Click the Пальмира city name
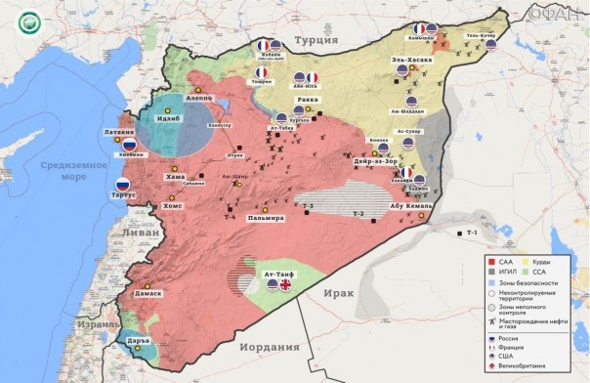coord(267,217)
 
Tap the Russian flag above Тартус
coord(122,185)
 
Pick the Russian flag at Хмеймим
coord(128,143)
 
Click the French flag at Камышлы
coord(420,29)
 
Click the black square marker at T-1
coord(459,234)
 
